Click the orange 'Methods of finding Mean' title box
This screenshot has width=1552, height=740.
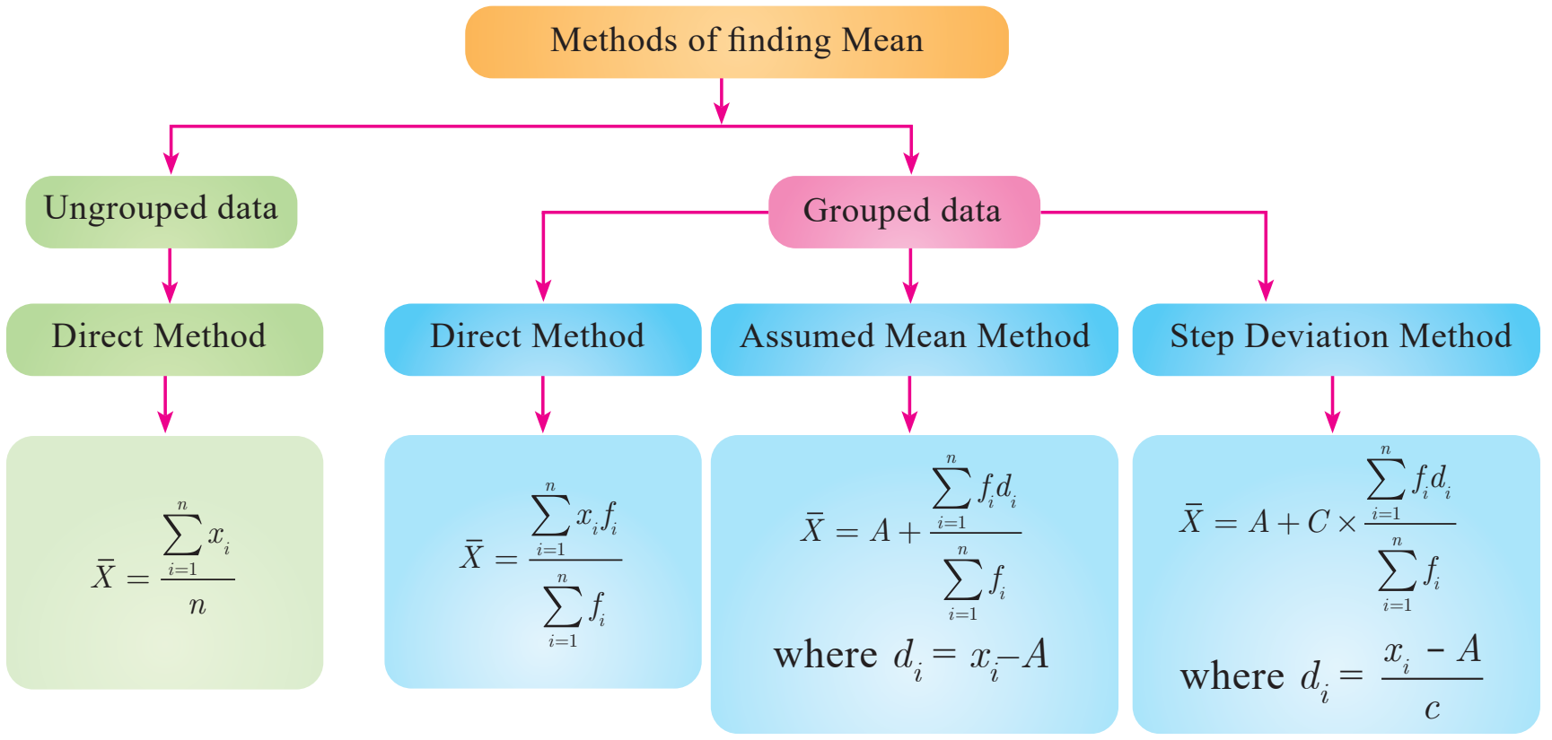[736, 42]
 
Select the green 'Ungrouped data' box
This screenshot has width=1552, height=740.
[162, 212]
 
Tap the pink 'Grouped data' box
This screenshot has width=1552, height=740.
[904, 212]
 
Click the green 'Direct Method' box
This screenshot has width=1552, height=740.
[164, 339]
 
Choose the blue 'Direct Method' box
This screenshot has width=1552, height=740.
[542, 339]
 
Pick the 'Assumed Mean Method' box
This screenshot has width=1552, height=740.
[914, 339]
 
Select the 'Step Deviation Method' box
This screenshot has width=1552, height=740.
[1336, 339]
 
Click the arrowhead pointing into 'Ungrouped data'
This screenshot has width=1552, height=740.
[171, 163]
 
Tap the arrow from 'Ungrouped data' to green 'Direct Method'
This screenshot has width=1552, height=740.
[170, 275]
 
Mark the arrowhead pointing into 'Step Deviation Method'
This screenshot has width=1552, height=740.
[1266, 290]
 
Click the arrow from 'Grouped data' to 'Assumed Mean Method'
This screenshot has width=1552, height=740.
[910, 275]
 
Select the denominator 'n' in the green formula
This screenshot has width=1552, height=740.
[197, 606]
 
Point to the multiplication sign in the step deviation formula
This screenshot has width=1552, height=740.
[1346, 524]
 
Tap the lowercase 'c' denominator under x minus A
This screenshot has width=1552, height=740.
[1432, 710]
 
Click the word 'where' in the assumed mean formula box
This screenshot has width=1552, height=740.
[825, 655]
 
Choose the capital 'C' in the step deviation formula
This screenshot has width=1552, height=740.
[1318, 521]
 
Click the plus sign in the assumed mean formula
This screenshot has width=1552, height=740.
[909, 533]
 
